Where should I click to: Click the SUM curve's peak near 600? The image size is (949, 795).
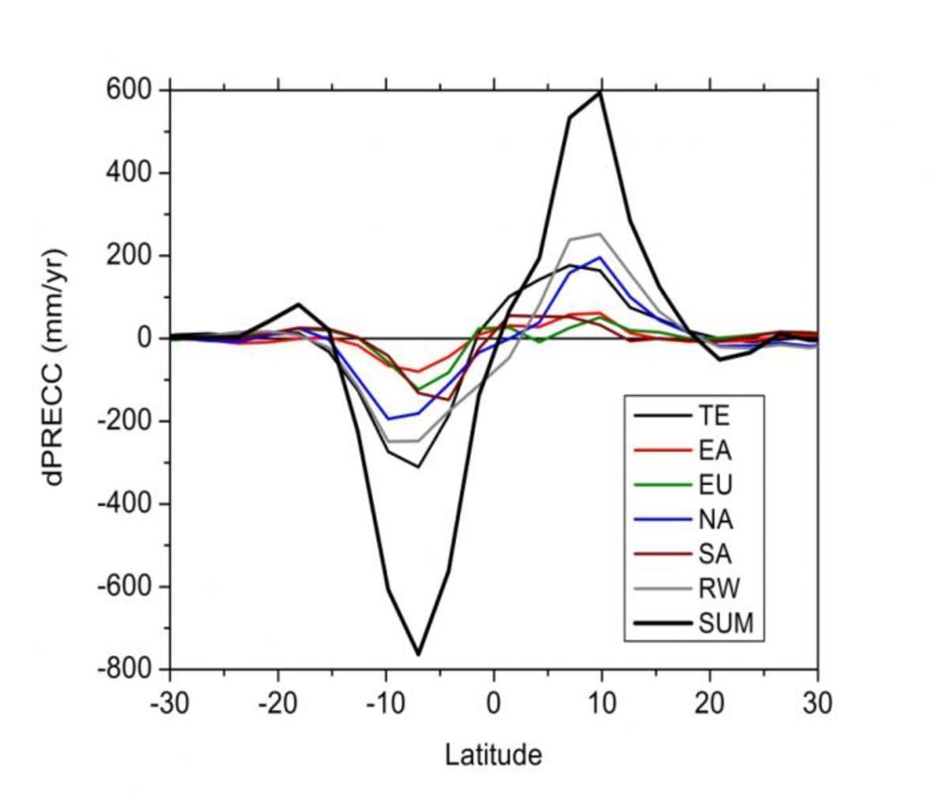[x=601, y=92]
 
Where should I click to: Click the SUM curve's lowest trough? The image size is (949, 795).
[x=418, y=654]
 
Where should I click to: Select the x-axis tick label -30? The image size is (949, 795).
[x=170, y=703]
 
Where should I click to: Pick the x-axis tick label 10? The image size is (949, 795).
[x=602, y=703]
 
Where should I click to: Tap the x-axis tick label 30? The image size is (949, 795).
[x=817, y=703]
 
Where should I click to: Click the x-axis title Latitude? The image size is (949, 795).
[x=493, y=755]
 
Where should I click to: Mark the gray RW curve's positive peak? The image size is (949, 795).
[x=600, y=234]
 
